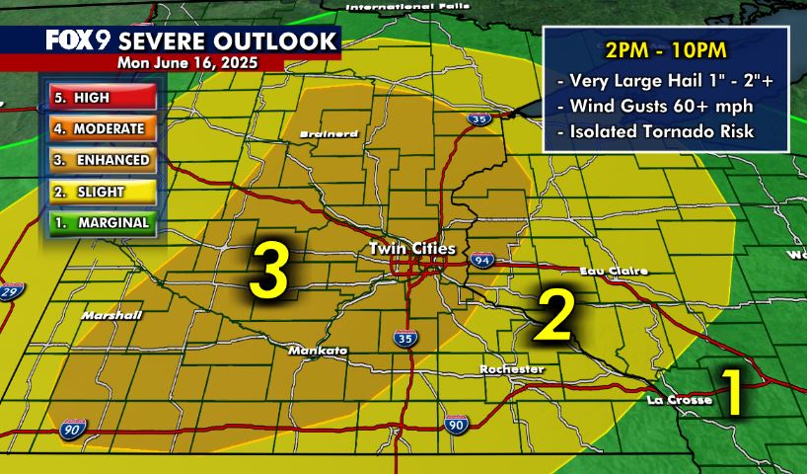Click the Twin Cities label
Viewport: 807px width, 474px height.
tap(412, 249)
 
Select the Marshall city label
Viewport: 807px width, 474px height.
tap(112, 316)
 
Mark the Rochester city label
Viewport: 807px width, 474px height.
tap(512, 369)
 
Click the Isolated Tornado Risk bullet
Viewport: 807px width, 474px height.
tap(668, 129)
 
